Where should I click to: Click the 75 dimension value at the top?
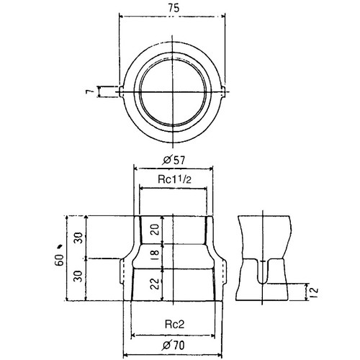(174, 8)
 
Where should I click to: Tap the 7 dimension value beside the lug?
(89, 91)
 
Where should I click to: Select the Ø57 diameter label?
(174, 160)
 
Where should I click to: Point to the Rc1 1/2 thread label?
(174, 179)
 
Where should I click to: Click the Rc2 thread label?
(174, 325)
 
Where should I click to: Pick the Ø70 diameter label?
(174, 346)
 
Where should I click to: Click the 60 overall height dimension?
(59, 260)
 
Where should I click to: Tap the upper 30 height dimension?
(78, 238)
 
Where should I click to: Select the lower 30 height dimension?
(78, 276)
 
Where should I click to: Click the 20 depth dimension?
(156, 230)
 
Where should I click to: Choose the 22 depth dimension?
(156, 284)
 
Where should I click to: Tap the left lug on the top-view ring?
(122, 91)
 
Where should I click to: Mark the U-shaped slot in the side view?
(263, 271)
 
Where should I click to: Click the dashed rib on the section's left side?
(122, 271)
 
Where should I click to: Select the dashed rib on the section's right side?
(224, 271)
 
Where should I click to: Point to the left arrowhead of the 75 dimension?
(122, 17)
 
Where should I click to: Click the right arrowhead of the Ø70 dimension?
(220, 355)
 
